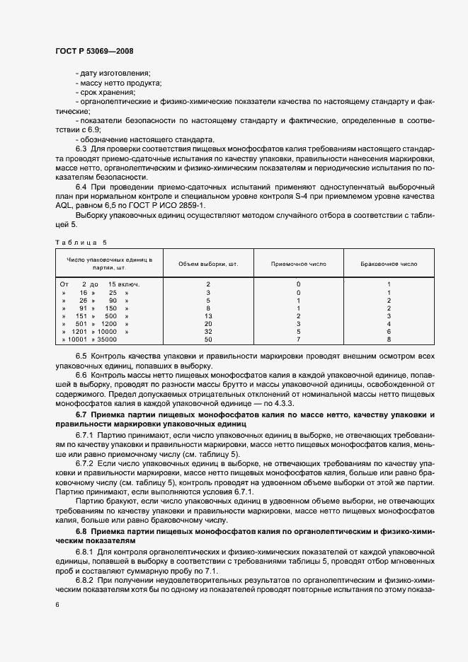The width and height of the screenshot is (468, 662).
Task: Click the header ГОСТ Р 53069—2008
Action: tap(94, 51)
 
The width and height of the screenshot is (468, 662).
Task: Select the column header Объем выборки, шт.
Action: tap(208, 264)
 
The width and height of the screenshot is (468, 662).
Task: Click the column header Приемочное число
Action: tap(299, 264)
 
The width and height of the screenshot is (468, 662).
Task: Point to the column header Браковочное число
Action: tap(389, 264)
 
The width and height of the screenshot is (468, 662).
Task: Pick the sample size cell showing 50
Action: tap(208, 339)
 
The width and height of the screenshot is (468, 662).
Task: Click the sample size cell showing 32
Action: tap(208, 331)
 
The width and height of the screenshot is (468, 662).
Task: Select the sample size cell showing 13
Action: tap(208, 315)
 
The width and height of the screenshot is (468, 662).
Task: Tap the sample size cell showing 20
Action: tap(208, 323)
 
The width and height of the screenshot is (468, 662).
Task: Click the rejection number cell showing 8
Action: tap(389, 339)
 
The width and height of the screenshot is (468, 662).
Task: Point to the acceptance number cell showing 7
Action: tap(299, 339)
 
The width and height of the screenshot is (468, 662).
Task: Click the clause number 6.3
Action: tap(81, 149)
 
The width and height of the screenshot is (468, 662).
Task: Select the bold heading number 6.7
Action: tap(81, 413)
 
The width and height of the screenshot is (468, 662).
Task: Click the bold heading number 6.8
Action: tap(81, 530)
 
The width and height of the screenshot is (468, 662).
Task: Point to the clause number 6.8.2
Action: tap(84, 579)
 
